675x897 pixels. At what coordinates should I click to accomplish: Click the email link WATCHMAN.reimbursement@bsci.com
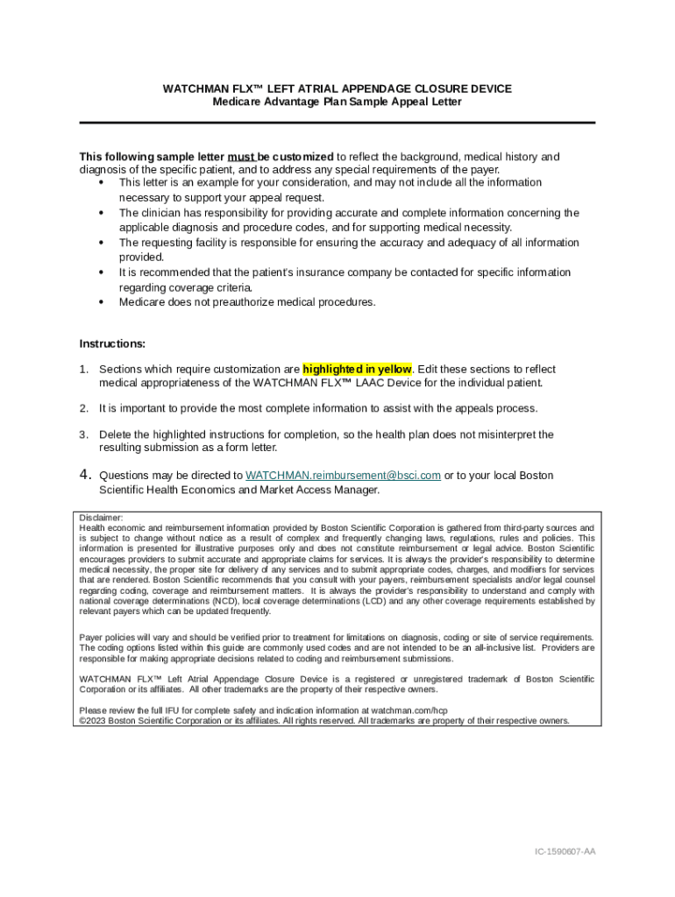tap(343, 476)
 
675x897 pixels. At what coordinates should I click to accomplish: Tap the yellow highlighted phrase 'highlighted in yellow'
tap(357, 369)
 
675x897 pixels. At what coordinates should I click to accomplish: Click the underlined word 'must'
tap(241, 157)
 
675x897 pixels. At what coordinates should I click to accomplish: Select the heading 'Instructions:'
tap(112, 343)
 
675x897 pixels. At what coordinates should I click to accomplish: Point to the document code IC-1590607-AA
tap(565, 851)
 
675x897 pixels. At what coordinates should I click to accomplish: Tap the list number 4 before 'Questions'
tap(85, 475)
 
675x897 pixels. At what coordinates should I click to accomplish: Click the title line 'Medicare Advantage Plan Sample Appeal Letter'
tap(337, 102)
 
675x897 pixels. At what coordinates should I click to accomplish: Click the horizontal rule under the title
tap(337, 123)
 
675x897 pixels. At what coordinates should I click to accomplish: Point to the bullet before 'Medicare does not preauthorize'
tap(104, 302)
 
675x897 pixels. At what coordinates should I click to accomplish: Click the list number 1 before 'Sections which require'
tap(84, 370)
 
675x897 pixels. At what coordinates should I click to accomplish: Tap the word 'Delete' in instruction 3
tap(115, 434)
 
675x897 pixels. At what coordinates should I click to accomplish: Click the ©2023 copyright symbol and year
tap(92, 721)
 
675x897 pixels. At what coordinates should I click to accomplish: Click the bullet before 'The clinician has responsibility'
tap(104, 213)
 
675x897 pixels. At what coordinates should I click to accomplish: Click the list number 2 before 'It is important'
tap(84, 408)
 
